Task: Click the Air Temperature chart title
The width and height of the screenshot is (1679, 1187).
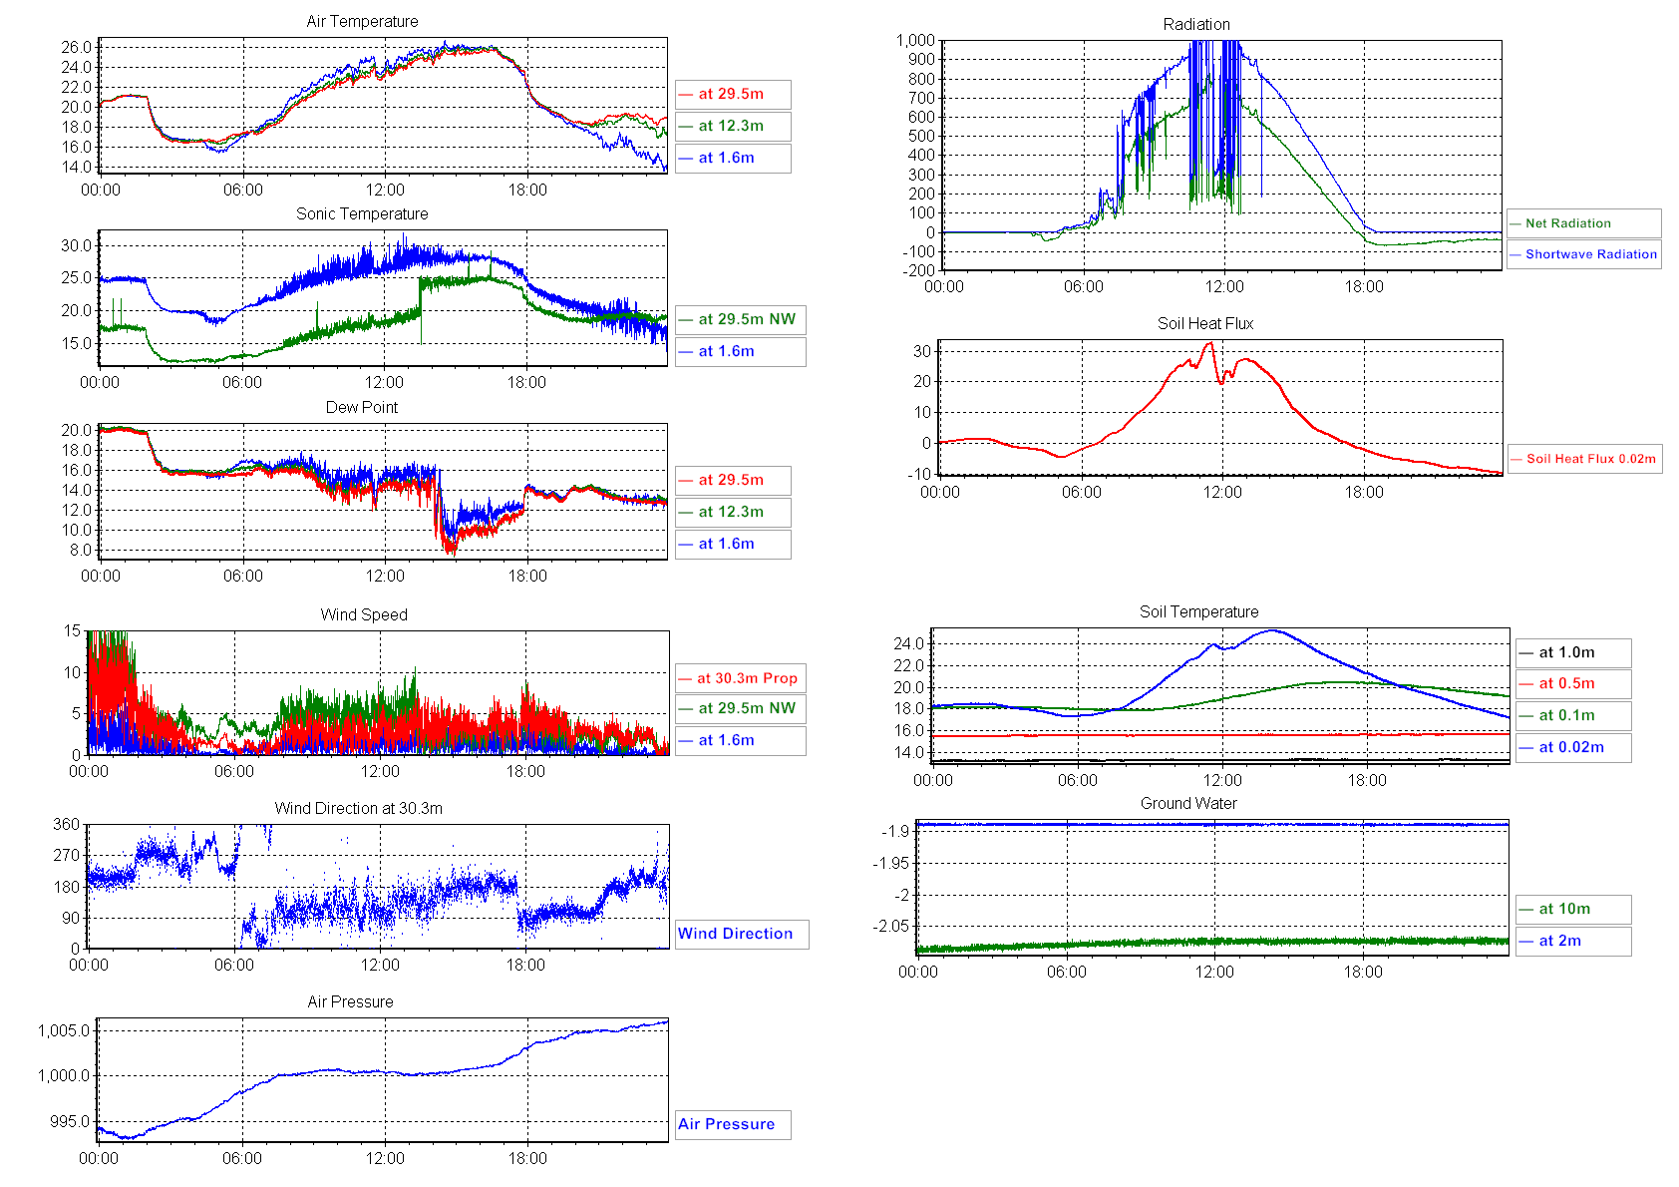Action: coord(362,21)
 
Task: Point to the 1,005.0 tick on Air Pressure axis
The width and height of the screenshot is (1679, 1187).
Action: coord(64,1030)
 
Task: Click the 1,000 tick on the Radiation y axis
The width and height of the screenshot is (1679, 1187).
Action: coord(915,41)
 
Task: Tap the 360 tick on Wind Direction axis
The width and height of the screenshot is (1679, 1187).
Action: coord(66,824)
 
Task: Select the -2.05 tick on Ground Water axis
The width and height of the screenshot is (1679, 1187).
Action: coord(890,926)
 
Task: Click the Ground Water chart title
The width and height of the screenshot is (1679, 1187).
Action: coord(1188,803)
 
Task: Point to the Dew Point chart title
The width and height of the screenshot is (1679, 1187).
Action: coord(361,407)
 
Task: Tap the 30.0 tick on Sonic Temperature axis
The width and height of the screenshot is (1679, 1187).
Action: coord(76,245)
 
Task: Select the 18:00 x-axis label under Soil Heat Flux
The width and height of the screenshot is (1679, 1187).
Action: coord(1363,492)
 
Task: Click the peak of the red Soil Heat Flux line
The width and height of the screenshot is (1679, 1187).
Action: coord(1209,344)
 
